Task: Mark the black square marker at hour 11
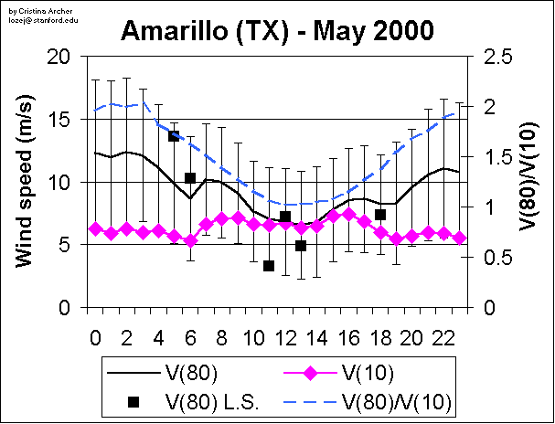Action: [x=269, y=266]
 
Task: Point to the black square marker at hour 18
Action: [x=380, y=215]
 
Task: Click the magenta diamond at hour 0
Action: [x=96, y=228]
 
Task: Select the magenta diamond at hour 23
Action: [x=459, y=238]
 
